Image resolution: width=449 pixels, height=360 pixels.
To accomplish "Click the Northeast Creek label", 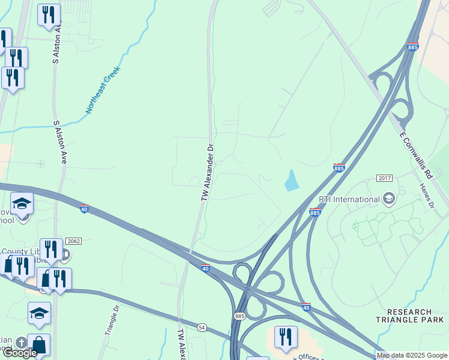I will [x=103, y=90].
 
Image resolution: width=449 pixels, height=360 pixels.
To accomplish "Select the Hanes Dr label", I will [x=428, y=197].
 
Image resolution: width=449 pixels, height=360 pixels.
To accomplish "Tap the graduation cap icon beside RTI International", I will [x=388, y=199].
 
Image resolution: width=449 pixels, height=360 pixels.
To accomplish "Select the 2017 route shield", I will [x=384, y=179].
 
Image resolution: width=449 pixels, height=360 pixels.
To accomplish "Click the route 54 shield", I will [x=202, y=326].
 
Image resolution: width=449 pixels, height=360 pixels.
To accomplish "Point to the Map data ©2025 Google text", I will [x=411, y=355].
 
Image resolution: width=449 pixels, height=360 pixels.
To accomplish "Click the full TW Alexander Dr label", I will [x=206, y=172].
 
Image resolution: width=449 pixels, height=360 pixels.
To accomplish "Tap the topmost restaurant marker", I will [x=49, y=16].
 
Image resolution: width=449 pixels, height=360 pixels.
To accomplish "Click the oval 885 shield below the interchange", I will [x=240, y=316].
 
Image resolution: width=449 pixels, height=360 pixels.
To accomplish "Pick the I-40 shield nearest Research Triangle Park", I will [x=306, y=307].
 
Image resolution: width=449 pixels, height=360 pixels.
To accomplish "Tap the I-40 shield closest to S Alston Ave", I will [x=84, y=208].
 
